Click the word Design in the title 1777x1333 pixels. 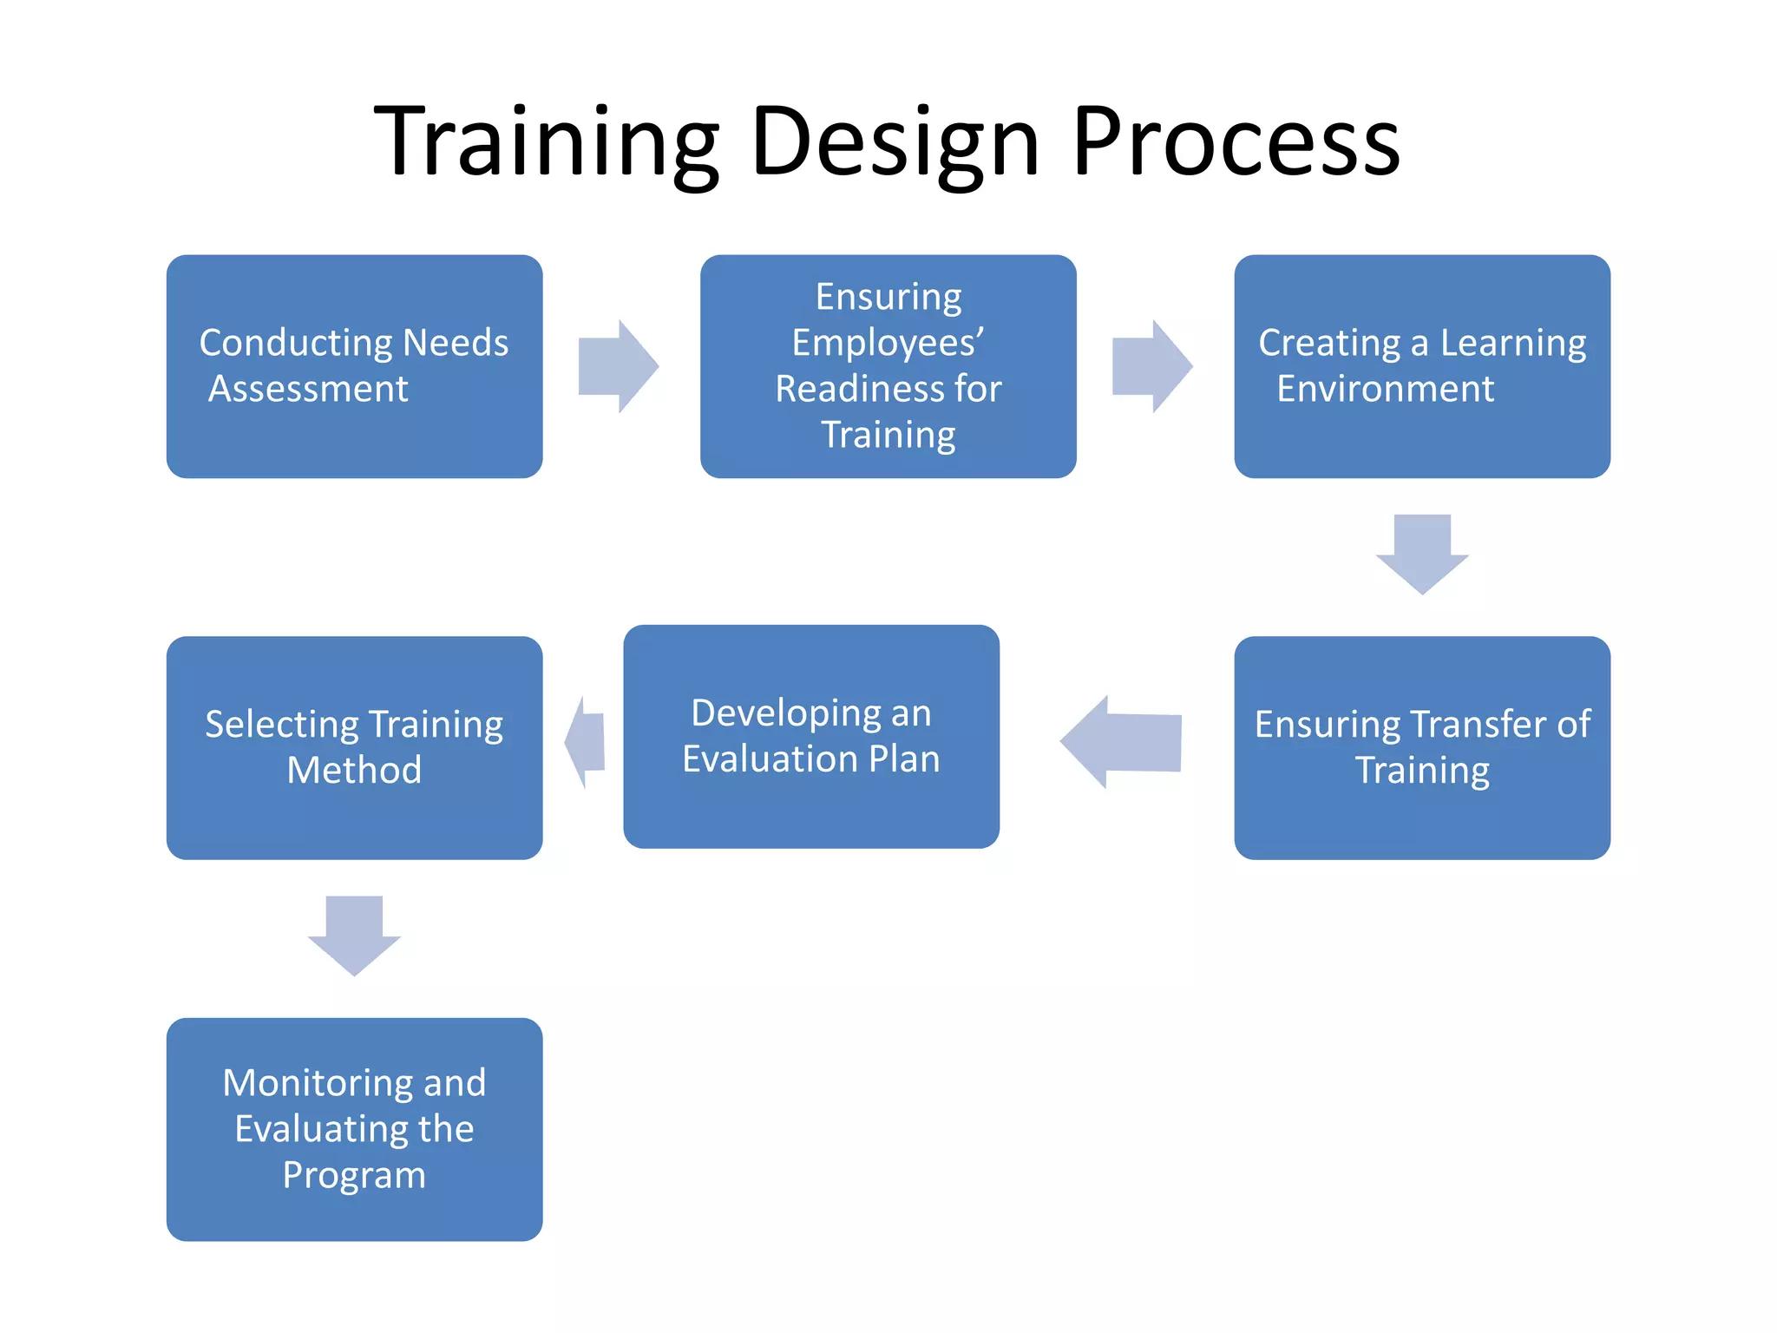point(894,143)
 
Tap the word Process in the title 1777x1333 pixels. point(1236,143)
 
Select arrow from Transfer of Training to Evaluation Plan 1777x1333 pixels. point(1123,741)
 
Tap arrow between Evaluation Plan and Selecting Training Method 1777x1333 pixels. point(586,742)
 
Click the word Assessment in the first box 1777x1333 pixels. point(308,389)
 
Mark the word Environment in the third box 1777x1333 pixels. point(1385,389)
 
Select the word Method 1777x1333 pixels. point(354,771)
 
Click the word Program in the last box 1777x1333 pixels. point(354,1175)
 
